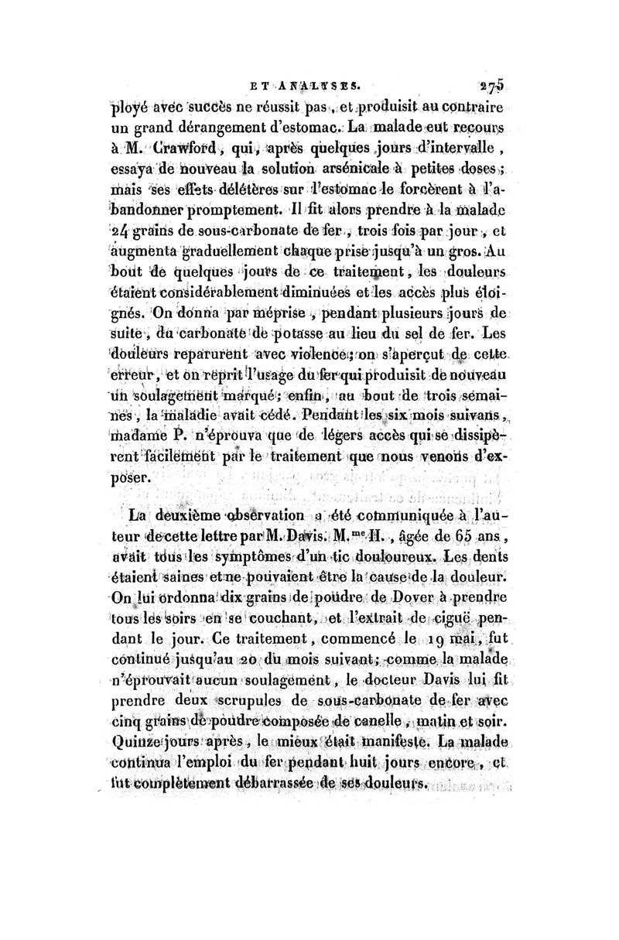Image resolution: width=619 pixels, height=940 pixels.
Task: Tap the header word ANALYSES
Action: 318,83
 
